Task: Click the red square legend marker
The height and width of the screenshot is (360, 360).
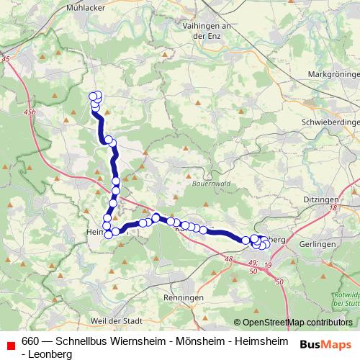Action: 10,345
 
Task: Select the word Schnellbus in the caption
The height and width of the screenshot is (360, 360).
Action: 80,341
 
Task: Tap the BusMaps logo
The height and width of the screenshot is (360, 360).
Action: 325,344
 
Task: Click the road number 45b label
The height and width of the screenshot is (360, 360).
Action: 30,112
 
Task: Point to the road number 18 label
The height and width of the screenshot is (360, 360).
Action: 333,208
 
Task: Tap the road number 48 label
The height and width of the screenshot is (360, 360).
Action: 229,258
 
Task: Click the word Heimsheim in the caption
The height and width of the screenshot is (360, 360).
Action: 262,341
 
